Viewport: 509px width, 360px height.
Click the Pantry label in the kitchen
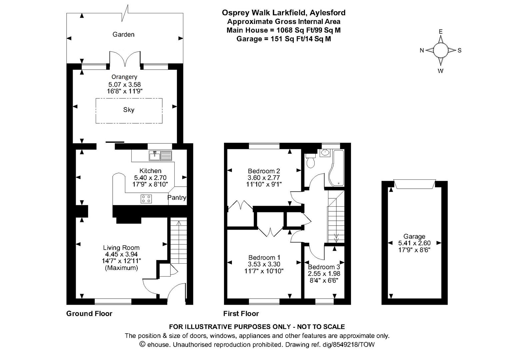[177, 198]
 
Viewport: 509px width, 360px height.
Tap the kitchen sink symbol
[161, 155]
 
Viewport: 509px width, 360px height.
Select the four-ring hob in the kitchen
[146, 199]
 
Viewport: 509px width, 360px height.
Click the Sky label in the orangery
[129, 110]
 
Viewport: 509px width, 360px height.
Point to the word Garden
[123, 34]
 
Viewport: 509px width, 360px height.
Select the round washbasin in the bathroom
[324, 153]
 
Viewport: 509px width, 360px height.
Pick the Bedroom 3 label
[324, 267]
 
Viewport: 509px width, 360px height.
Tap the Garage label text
[414, 236]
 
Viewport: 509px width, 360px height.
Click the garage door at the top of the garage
[414, 184]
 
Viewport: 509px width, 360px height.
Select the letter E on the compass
[440, 31]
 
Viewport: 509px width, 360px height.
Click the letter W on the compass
[440, 71]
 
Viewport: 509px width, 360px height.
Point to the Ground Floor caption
[89, 313]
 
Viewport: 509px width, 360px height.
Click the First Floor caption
[241, 313]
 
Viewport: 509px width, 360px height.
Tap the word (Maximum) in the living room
[121, 268]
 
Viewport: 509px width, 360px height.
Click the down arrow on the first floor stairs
[336, 238]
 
